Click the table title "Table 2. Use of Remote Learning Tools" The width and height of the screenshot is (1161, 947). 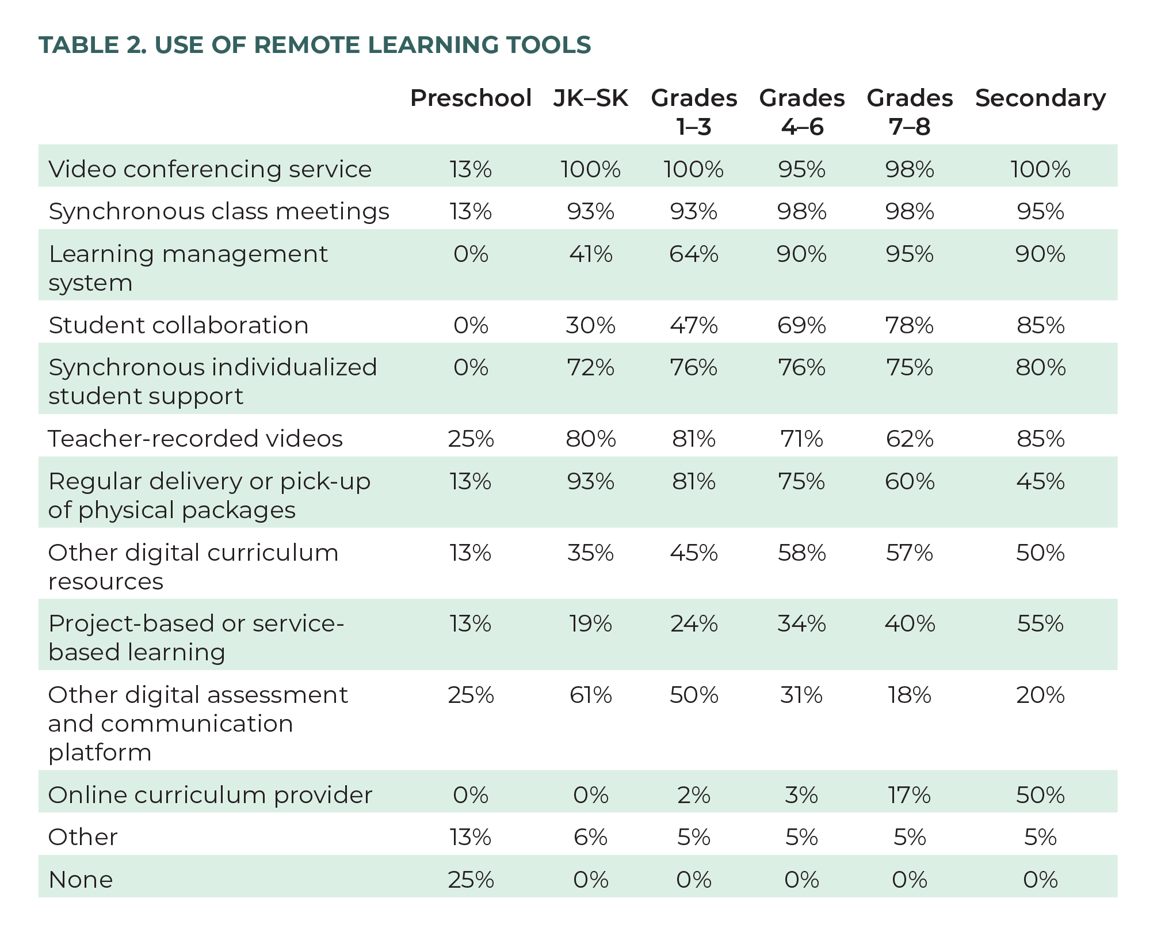tap(315, 45)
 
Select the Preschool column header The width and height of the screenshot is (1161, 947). tap(471, 98)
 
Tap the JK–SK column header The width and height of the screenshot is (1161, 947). tap(590, 98)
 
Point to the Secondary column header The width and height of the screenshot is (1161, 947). tap(1040, 98)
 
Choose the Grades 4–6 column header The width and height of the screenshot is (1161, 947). tap(801, 112)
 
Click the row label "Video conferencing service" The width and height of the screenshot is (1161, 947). tap(210, 169)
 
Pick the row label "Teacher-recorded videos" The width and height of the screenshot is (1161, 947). tap(196, 439)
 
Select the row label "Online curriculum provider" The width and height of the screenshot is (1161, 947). tap(210, 795)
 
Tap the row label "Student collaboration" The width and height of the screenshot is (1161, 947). tap(178, 325)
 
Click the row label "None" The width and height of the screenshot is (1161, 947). tap(81, 880)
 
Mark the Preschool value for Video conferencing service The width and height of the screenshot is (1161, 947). tap(471, 169)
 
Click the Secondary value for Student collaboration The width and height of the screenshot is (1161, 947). tap(1040, 325)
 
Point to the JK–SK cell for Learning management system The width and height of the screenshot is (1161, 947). tap(590, 254)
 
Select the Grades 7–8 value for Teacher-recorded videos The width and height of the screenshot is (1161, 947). tap(910, 439)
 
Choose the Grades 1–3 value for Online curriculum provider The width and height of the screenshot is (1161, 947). tap(694, 795)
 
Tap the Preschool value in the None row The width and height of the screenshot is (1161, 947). tap(471, 880)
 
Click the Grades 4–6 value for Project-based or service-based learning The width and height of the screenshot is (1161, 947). tap(801, 623)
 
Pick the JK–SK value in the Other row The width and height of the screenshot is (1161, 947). tap(590, 837)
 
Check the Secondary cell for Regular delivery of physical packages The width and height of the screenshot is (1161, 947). tap(1040, 481)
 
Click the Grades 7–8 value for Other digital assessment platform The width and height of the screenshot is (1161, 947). tap(910, 695)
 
